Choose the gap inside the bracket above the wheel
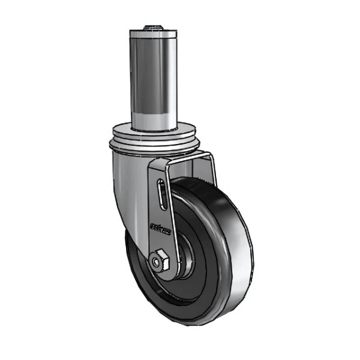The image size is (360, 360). (x=189, y=171)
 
